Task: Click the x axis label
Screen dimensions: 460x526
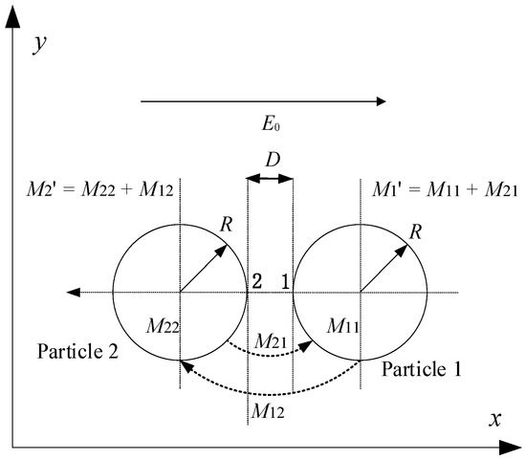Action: coord(495,419)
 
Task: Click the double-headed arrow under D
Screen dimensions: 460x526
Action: coord(270,177)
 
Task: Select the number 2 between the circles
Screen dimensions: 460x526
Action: coord(256,281)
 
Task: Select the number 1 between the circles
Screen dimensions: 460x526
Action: coord(284,281)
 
